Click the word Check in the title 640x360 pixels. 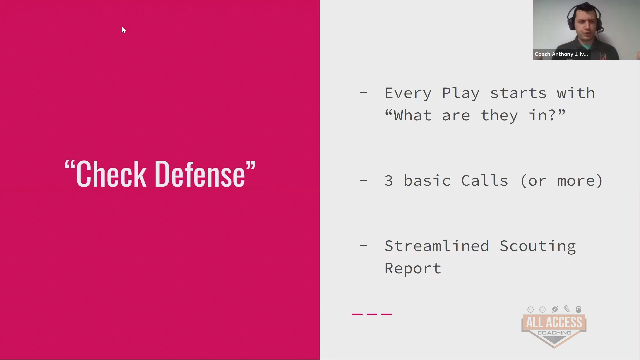[x=111, y=174]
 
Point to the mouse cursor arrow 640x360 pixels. [x=124, y=30]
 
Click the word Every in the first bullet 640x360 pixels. [x=408, y=93]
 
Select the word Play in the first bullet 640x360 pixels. [x=461, y=93]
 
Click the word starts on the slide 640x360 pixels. [x=519, y=93]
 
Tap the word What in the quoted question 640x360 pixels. [x=413, y=115]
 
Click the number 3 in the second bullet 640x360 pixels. [x=389, y=181]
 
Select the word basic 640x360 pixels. [x=427, y=181]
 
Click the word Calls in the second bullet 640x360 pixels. [x=485, y=181]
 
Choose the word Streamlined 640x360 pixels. [x=437, y=246]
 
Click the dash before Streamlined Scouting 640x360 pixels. [x=363, y=246]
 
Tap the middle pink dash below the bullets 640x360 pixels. [x=372, y=314]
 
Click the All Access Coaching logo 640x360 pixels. [x=554, y=327]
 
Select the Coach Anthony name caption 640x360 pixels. [x=561, y=54]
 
